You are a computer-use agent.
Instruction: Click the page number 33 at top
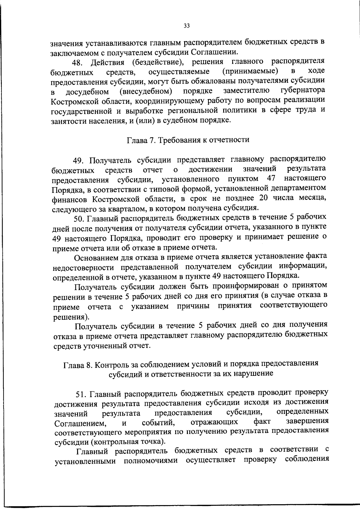(187, 26)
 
